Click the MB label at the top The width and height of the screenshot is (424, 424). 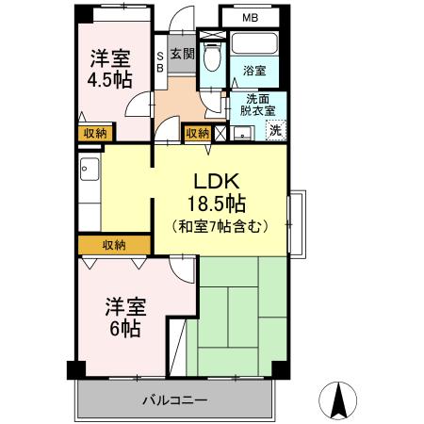(x=250, y=18)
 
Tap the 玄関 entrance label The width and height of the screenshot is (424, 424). (x=182, y=54)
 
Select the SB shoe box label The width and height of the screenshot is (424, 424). (x=159, y=61)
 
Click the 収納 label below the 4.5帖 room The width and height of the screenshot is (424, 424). (x=94, y=134)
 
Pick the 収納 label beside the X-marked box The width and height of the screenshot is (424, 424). (x=196, y=134)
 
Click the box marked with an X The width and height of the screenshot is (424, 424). (x=220, y=134)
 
